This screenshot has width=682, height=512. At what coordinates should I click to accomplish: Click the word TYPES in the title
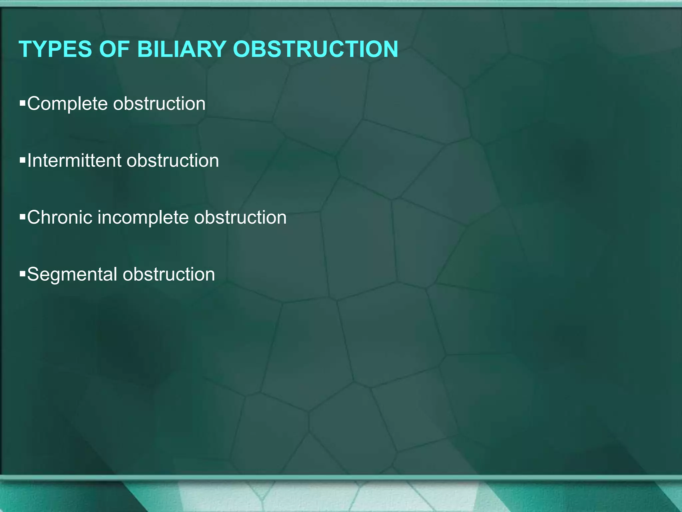55,49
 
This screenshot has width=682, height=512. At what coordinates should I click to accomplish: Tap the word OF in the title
114,49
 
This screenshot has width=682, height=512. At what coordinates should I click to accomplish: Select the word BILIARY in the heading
182,49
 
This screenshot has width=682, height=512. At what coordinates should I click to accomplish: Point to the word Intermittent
74,161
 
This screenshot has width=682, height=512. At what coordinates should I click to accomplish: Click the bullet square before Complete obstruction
23,104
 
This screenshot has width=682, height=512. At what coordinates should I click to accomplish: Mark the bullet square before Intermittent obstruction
23,161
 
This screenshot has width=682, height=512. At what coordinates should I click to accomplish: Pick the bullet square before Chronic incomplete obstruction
23,217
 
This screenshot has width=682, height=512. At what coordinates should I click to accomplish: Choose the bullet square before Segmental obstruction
23,274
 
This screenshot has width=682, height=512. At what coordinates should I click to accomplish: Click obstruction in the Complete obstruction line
159,104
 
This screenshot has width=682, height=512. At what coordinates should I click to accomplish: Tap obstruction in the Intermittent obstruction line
172,161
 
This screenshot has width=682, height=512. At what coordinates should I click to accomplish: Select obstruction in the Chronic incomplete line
240,217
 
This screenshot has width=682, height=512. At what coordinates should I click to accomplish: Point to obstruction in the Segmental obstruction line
169,274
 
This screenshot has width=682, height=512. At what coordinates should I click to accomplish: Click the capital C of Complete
34,104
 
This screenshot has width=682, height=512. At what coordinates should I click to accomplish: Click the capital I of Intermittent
30,161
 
